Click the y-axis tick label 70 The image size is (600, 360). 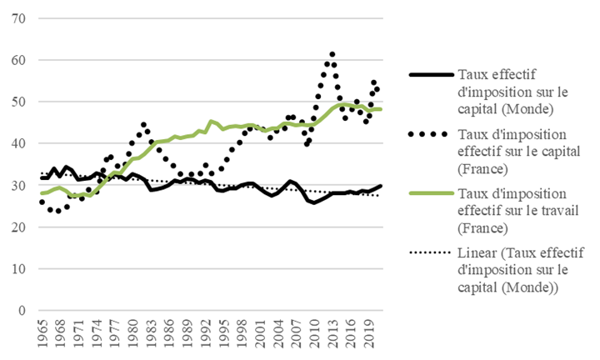point(18,18)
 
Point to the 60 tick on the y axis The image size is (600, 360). point(18,60)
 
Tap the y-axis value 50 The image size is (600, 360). point(18,102)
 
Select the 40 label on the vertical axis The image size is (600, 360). point(18,143)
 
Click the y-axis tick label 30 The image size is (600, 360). point(18,185)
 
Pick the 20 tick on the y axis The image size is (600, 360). point(18,227)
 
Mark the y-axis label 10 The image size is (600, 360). point(18,268)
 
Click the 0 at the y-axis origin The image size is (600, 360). point(22,310)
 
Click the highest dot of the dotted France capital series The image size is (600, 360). point(332,54)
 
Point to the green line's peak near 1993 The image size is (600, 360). point(211,122)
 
